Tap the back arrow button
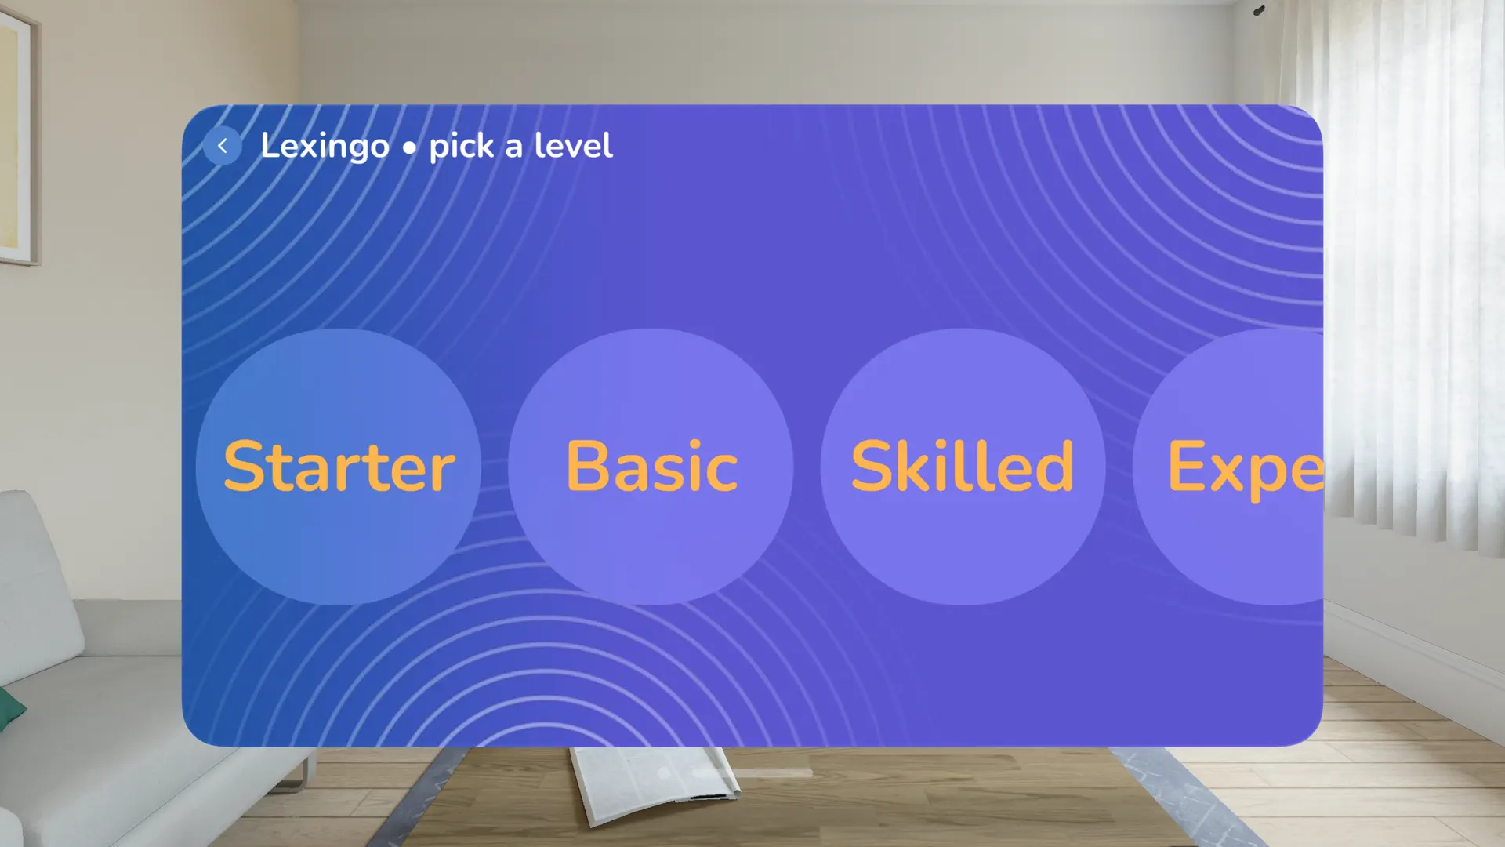223,146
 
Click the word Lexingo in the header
325,147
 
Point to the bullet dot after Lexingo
409,148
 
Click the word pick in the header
461,147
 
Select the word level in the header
573,146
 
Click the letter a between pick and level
514,148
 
